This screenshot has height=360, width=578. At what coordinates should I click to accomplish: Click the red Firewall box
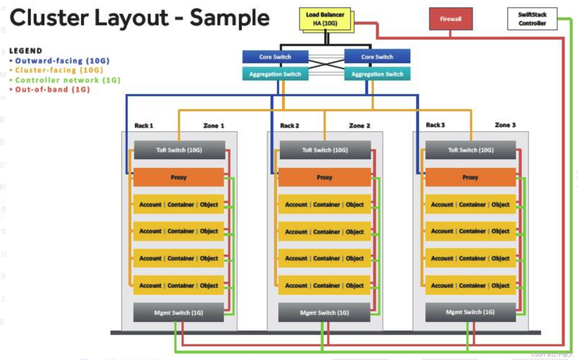pyautogui.click(x=451, y=19)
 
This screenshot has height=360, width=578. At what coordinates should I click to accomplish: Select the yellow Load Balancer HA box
pyautogui.click(x=325, y=19)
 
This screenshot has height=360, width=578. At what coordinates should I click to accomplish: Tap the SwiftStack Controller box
pyautogui.click(x=532, y=19)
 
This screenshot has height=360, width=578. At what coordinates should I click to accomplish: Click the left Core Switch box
pyautogui.click(x=275, y=57)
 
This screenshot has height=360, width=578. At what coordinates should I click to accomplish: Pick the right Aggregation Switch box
pyautogui.click(x=377, y=74)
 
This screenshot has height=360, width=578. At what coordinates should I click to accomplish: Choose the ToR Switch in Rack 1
pyautogui.click(x=179, y=150)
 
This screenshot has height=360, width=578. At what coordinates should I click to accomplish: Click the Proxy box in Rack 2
pyautogui.click(x=324, y=177)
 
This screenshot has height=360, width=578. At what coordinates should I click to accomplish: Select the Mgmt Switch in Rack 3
pyautogui.click(x=470, y=312)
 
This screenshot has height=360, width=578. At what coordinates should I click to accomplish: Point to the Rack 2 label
pyautogui.click(x=290, y=126)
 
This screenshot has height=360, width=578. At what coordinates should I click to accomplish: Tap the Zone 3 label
pyautogui.click(x=505, y=125)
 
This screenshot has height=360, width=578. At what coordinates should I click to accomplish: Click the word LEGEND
pyautogui.click(x=26, y=51)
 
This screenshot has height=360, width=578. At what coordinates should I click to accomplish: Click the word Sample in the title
pyautogui.click(x=230, y=18)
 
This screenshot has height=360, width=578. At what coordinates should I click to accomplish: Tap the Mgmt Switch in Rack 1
pyautogui.click(x=179, y=312)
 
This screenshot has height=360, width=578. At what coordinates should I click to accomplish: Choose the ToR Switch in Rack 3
pyautogui.click(x=471, y=150)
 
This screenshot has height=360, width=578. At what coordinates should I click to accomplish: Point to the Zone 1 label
pyautogui.click(x=214, y=126)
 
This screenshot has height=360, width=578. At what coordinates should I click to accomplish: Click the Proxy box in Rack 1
pyautogui.click(x=179, y=177)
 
